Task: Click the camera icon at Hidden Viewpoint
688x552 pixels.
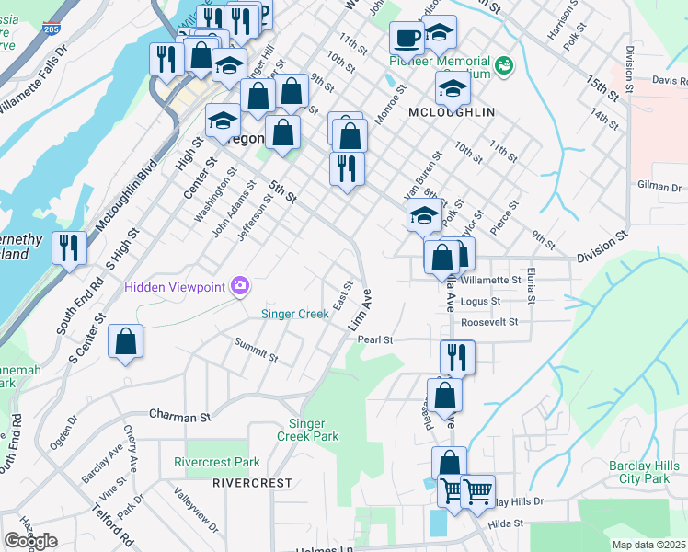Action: point(240,286)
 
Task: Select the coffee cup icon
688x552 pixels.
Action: point(407,39)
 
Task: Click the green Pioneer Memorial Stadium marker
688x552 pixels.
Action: point(503,65)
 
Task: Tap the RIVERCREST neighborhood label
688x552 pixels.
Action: point(252,482)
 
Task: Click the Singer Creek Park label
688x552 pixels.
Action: point(308,430)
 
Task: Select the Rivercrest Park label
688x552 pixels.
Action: point(217,462)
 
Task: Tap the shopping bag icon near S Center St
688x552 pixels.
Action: point(125,341)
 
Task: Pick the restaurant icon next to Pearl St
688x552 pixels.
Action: point(456,356)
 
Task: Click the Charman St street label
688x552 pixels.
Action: point(179,416)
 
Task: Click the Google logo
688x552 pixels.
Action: point(31,540)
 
